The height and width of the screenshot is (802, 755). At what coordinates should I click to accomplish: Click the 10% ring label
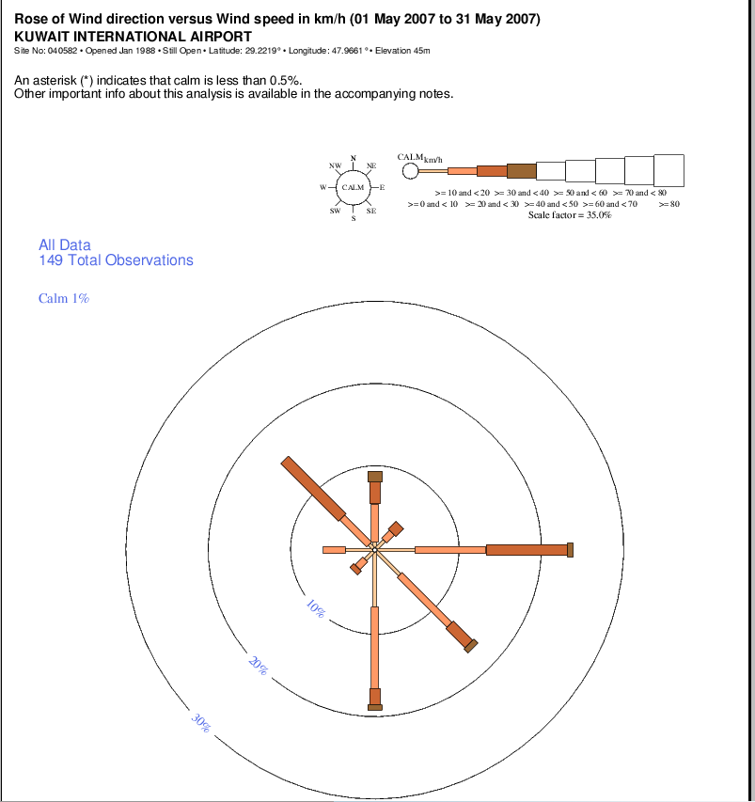pos(316,608)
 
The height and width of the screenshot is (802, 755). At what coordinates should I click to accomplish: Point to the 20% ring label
pos(258,665)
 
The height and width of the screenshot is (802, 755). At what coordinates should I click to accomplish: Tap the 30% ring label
pos(200,722)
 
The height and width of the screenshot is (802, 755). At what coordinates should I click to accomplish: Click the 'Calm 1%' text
pos(64,298)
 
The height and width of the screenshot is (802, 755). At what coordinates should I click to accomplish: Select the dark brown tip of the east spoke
pos(570,549)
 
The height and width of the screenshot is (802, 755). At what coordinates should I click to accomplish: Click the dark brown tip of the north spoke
pos(375,476)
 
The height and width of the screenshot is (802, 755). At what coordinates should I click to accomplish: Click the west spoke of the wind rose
pos(335,549)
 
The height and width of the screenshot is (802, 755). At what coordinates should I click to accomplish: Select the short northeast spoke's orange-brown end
pos(396,527)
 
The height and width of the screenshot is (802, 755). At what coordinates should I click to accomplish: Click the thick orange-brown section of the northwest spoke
pos(313,487)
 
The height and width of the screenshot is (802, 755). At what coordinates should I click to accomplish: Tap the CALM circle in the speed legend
pos(410,171)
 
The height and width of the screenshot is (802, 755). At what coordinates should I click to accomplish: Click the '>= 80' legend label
pos(668,204)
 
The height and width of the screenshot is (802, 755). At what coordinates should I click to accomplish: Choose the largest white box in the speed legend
pos(668,170)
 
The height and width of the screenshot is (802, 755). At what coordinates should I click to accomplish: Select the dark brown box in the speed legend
pos(521,171)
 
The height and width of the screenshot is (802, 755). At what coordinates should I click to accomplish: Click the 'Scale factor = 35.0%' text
pos(570,215)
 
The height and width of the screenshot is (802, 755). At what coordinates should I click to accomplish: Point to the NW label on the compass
pos(335,165)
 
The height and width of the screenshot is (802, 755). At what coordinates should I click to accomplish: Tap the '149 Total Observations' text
pos(116,260)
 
